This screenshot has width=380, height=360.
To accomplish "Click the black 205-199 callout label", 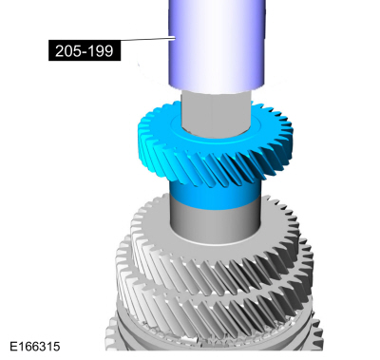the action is click(x=85, y=50).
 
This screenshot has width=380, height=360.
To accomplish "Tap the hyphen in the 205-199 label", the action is click(x=83, y=52).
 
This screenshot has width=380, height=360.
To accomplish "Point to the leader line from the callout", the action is click(x=148, y=39).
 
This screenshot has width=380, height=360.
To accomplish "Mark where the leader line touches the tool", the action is click(x=175, y=38).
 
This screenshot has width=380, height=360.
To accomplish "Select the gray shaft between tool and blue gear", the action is click(x=217, y=112).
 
